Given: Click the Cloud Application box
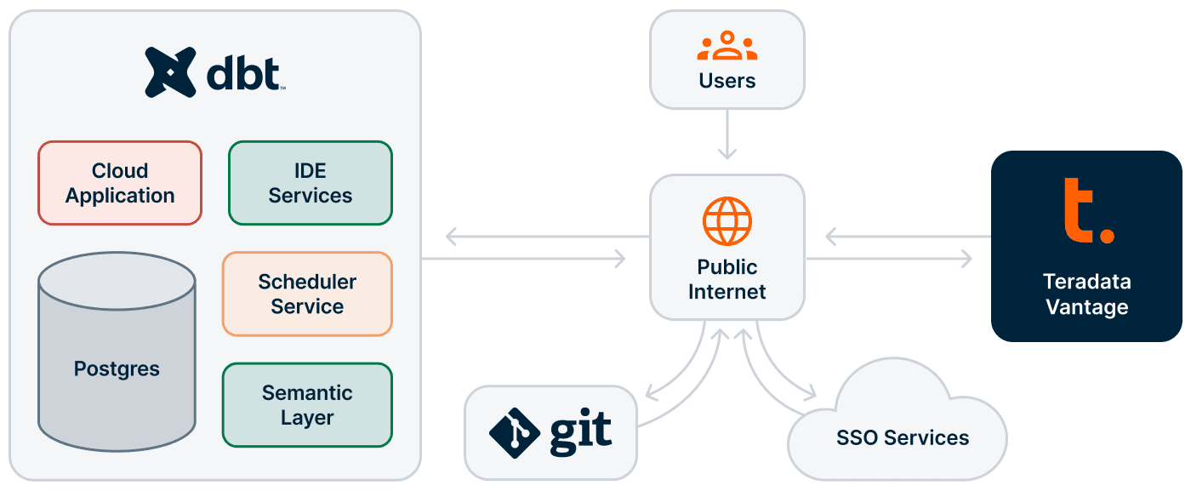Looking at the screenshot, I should click(120, 183).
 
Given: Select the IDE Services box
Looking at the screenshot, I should click(311, 183).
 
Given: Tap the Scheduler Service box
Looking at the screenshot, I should click(307, 294).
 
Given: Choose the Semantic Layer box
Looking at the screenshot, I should click(307, 405).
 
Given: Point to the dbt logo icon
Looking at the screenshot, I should click(171, 72).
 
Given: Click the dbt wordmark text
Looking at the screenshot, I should click(244, 74).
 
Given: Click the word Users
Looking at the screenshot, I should click(727, 81).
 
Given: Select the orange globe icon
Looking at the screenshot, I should click(727, 221).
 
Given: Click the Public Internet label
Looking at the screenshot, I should click(727, 279).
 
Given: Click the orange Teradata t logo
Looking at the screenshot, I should click(1086, 211).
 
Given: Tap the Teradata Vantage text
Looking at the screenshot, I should click(1086, 294).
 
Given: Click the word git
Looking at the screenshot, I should click(581, 431).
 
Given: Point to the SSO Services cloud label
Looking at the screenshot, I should click(903, 438).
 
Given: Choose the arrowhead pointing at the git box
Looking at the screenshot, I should click(650, 394).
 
